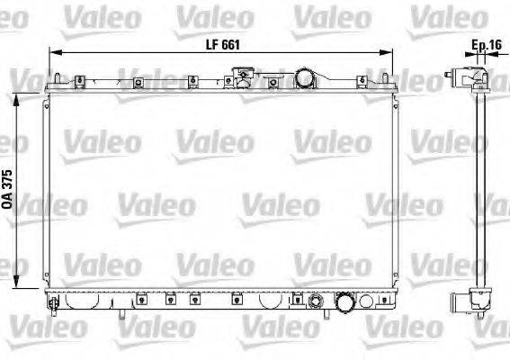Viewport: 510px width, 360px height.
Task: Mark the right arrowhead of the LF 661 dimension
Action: click(391, 54)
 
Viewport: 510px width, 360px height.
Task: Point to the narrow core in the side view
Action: click(480, 189)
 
